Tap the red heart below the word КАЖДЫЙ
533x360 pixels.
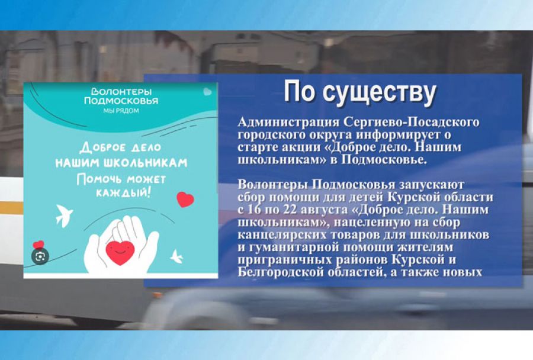[185, 200]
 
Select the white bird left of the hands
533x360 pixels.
[63, 216]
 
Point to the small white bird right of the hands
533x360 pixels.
[176, 256]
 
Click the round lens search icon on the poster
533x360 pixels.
[40, 256]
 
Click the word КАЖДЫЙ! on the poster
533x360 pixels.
[121, 194]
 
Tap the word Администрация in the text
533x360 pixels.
[288, 123]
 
